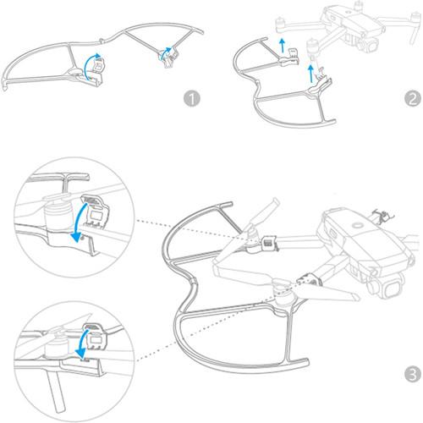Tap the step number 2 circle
click(411, 98)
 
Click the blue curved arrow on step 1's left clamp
click(96, 63)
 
